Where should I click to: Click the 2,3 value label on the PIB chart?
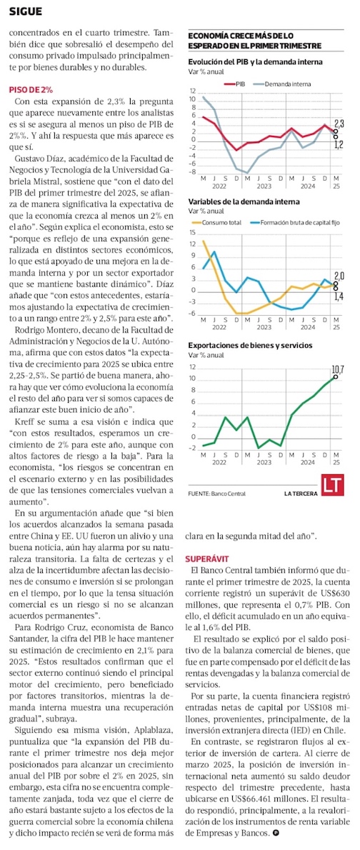(x=339, y=123)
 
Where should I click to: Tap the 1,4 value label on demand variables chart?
(x=339, y=296)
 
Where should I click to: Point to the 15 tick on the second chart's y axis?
(x=192, y=233)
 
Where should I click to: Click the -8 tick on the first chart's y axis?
(x=193, y=172)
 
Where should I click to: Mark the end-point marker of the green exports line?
(x=336, y=376)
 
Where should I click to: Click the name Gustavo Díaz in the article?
(x=37, y=159)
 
